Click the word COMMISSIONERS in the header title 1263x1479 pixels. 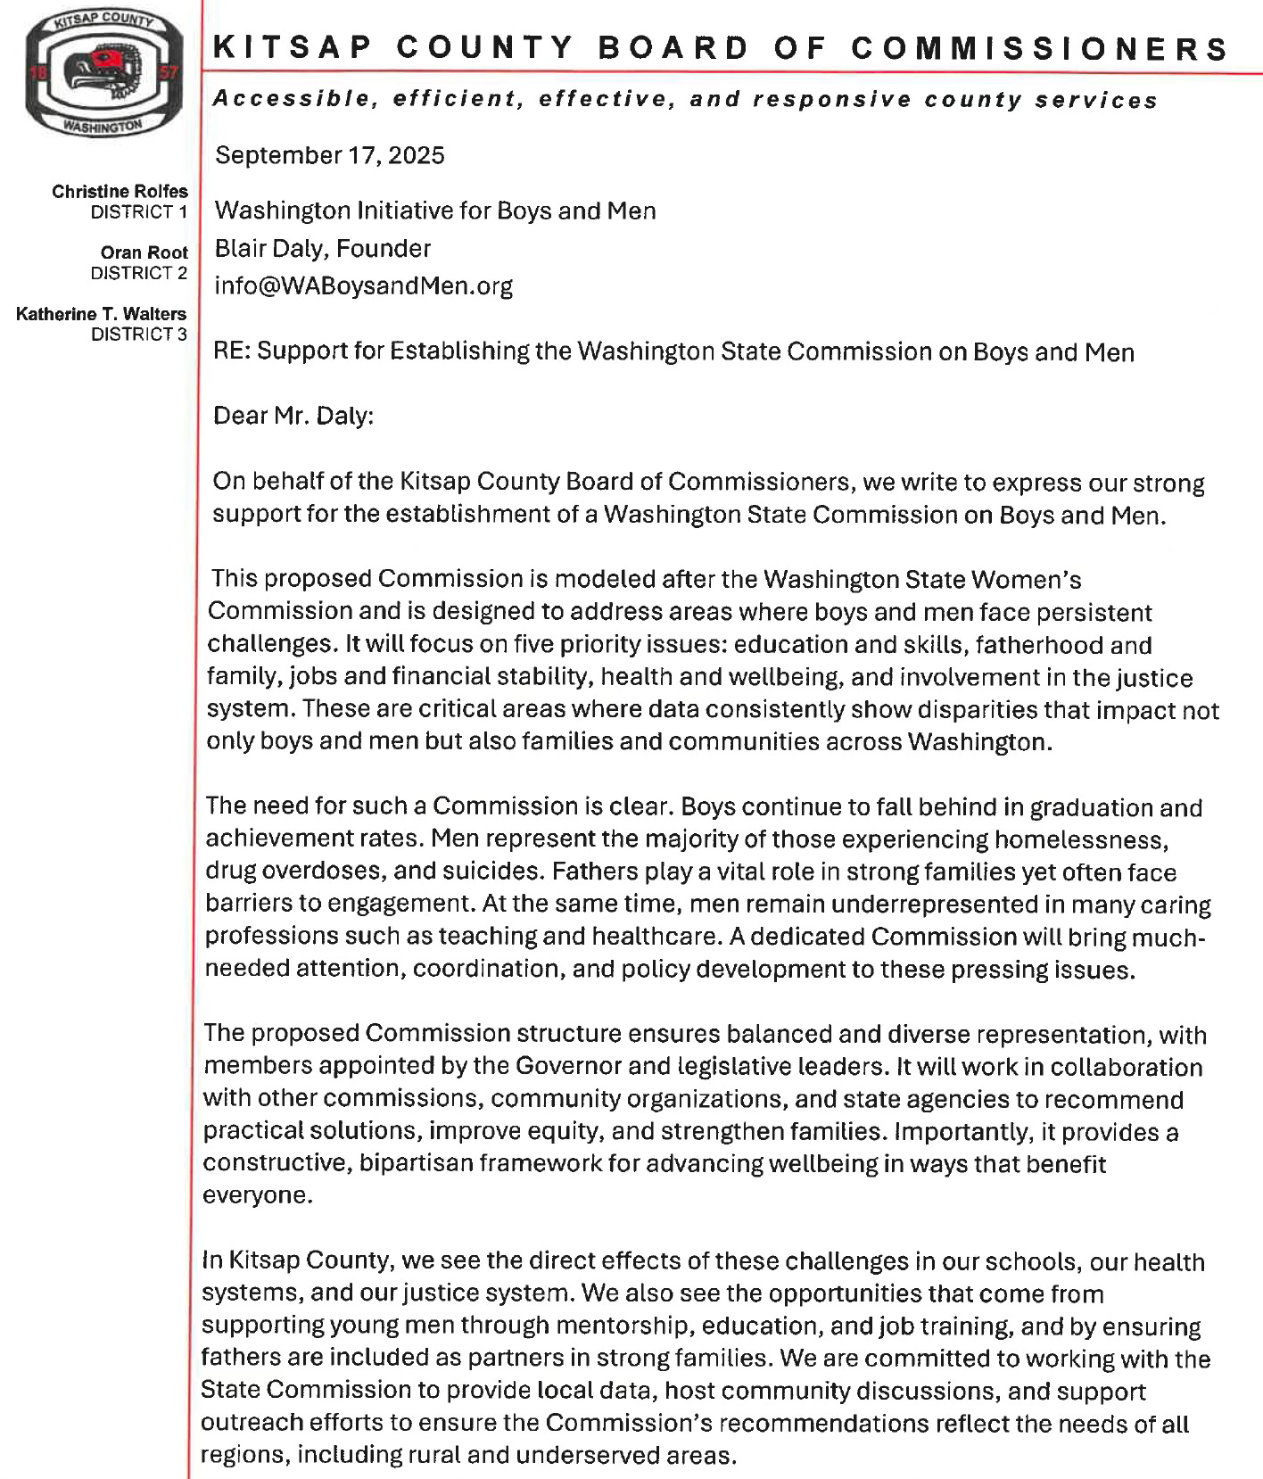click(1040, 47)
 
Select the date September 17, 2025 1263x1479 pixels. click(330, 155)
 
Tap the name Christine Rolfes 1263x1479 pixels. click(120, 191)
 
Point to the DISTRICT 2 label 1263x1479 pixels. click(139, 273)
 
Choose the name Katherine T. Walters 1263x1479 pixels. click(102, 313)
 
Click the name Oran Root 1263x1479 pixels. click(144, 252)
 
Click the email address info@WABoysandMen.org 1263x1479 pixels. click(364, 285)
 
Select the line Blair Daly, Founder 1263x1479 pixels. click(323, 248)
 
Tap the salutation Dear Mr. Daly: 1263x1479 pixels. click(293, 416)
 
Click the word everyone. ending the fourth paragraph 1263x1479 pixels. click(258, 1195)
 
